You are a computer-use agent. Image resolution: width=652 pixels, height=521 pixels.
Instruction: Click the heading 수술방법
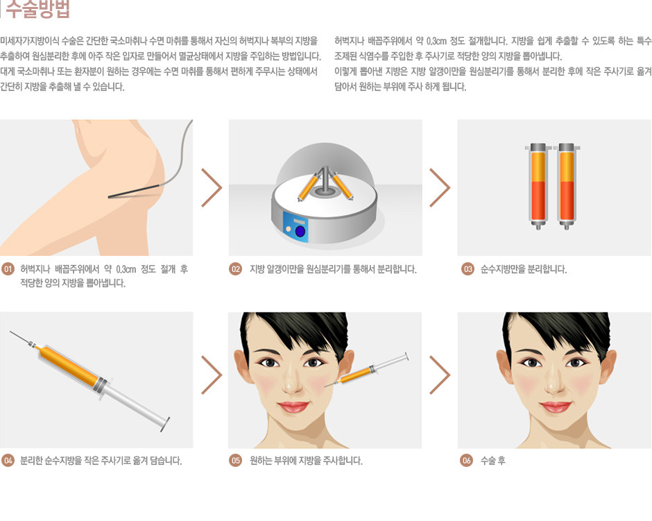pos(37,9)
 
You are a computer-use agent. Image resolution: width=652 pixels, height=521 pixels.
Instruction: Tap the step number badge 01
pos(8,269)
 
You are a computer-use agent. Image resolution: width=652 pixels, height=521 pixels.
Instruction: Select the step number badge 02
pos(235,269)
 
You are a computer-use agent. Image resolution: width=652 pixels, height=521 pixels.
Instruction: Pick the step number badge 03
pos(467,269)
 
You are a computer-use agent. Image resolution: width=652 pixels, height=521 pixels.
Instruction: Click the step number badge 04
pos(8,460)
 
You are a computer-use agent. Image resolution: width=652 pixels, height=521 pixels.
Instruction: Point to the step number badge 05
pos(235,460)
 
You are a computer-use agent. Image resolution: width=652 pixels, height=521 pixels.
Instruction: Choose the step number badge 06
pos(467,460)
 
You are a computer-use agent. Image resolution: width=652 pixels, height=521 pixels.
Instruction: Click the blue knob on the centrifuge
pos(300,231)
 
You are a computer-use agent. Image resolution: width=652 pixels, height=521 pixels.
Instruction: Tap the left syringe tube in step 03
pos(538,187)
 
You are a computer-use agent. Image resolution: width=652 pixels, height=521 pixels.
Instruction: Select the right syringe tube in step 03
pos(567,187)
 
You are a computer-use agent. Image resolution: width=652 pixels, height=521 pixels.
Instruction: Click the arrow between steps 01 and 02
pos(212,187)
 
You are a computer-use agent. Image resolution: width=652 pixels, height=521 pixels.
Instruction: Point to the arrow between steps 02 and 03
pos(440,187)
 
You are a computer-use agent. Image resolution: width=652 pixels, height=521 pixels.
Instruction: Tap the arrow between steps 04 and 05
pos(212,375)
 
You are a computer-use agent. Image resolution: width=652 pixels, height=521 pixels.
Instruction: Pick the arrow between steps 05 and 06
pos(440,375)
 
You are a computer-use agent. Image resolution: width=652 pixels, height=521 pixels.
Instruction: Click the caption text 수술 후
pos(492,461)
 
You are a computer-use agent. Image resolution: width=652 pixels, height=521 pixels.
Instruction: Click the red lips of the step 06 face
pos(555,406)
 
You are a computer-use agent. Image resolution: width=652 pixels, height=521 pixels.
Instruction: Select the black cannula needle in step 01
pos(134,191)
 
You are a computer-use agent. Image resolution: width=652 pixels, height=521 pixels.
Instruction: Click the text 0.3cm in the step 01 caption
pos(126,269)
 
